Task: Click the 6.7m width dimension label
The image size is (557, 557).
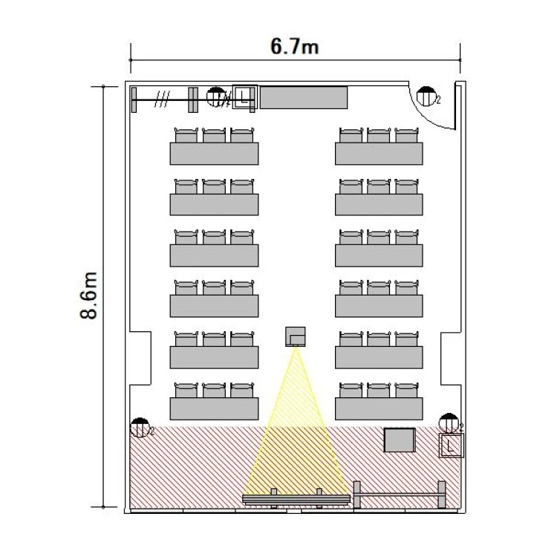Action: pyautogui.click(x=295, y=46)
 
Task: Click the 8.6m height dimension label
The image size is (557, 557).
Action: pyautogui.click(x=88, y=296)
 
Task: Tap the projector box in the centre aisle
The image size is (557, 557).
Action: pyautogui.click(x=295, y=336)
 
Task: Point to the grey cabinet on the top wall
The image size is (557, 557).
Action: pyautogui.click(x=304, y=97)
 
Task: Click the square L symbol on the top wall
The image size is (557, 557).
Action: pyautogui.click(x=244, y=97)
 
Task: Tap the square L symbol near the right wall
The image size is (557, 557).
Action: pyautogui.click(x=451, y=445)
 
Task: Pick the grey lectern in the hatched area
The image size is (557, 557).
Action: pyautogui.click(x=400, y=440)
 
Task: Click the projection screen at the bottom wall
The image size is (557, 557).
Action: pyautogui.click(x=296, y=500)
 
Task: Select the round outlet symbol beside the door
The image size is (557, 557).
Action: pyautogui.click(x=426, y=96)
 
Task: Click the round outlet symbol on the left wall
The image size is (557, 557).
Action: pyautogui.click(x=140, y=427)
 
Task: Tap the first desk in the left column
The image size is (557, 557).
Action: pyautogui.click(x=214, y=154)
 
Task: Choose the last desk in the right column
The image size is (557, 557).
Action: pyautogui.click(x=379, y=408)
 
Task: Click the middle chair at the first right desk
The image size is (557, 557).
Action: pyautogui.click(x=379, y=135)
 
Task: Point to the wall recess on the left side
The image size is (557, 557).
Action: pyautogui.click(x=140, y=358)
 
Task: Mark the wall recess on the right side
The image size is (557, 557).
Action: pyautogui.click(x=451, y=358)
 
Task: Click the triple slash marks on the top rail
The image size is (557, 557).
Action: pyautogui.click(x=162, y=99)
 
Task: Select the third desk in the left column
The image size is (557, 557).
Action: pyautogui.click(x=214, y=255)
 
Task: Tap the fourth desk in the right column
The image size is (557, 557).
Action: pyautogui.click(x=379, y=306)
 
